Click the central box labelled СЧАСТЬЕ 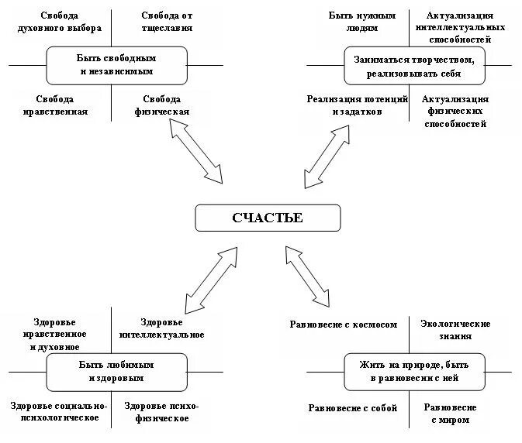pyautogui.click(x=267, y=218)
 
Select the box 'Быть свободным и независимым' pyautogui.click(x=116, y=65)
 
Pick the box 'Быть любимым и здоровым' pyautogui.click(x=116, y=372)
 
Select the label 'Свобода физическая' pyautogui.click(x=162, y=106)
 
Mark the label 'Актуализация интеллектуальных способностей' pyautogui.click(x=458, y=26)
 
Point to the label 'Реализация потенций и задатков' pyautogui.click(x=357, y=106)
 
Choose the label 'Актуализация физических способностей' pyautogui.click(x=456, y=112)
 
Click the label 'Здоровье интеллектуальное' pyautogui.click(x=162, y=328)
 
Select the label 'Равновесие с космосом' pyautogui.click(x=343, y=325)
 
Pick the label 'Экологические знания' pyautogui.click(x=455, y=330)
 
